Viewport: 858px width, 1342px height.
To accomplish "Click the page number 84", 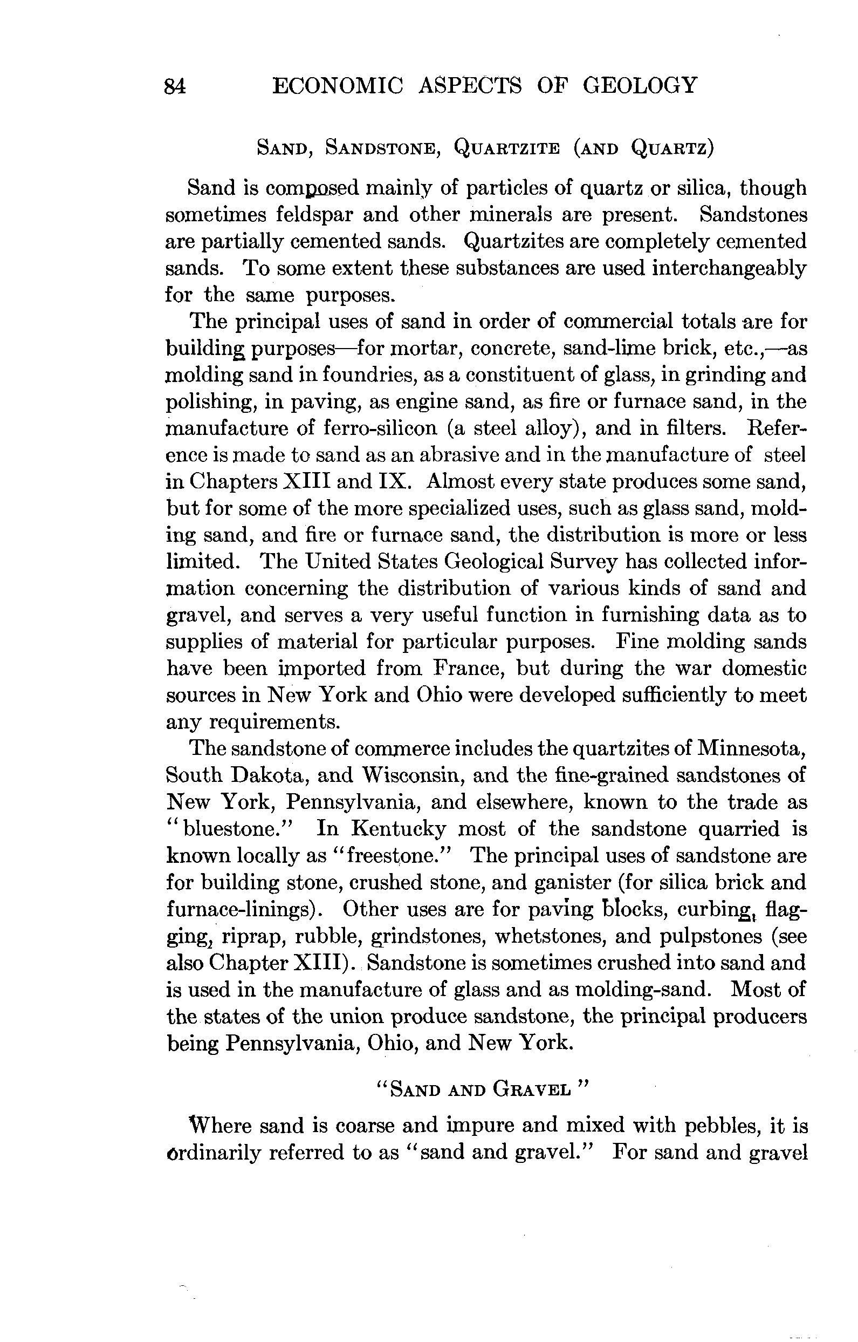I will tap(175, 87).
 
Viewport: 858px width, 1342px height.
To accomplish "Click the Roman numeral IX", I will tap(394, 481).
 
